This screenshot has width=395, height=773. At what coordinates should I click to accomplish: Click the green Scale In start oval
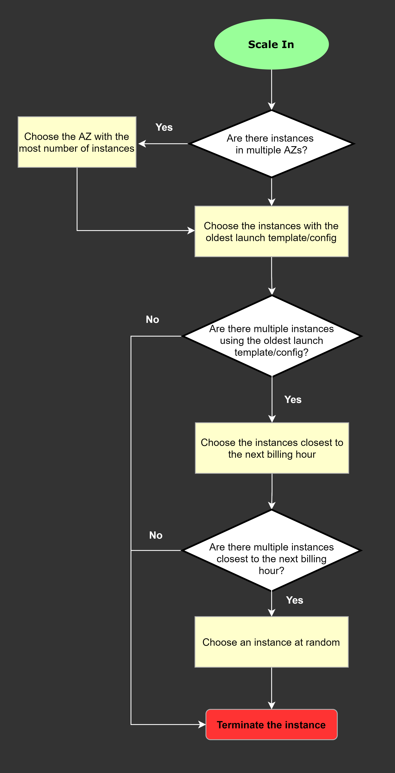(271, 44)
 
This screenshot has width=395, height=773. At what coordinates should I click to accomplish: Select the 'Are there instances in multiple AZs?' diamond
(271, 144)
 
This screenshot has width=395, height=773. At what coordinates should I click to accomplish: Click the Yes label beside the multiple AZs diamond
(164, 127)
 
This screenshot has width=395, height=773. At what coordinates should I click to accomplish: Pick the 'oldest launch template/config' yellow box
(271, 231)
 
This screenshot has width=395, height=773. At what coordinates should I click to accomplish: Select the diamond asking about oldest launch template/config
(271, 336)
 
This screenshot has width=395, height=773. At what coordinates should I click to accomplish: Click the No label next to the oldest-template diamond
(152, 319)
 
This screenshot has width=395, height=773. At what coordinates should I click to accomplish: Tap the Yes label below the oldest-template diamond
(293, 399)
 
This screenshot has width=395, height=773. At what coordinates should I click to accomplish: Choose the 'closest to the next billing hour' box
(272, 448)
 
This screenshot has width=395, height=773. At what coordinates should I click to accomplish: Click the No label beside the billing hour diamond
(156, 535)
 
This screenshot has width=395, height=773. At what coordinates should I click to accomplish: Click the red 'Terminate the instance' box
(271, 724)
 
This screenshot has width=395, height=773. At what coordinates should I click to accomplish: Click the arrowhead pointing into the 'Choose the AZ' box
(142, 144)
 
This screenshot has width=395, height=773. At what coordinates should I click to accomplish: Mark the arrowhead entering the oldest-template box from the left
(191, 230)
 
